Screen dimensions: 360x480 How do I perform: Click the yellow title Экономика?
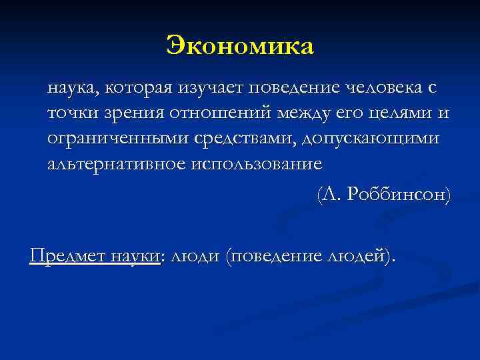240,45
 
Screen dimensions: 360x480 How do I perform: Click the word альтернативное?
117,163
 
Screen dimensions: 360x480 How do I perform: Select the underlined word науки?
136,255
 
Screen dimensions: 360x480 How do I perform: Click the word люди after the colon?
195,255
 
